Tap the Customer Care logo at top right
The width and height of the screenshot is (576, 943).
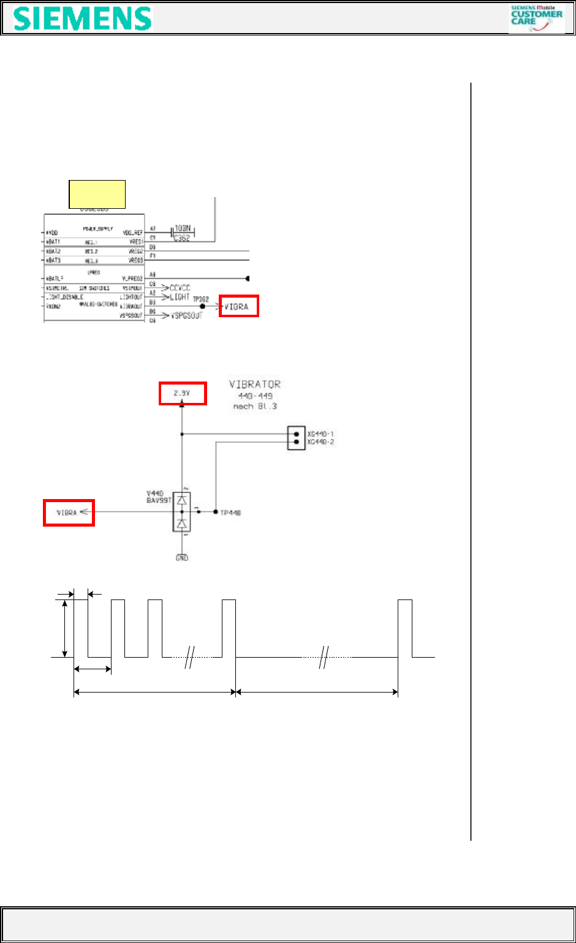pos(536,18)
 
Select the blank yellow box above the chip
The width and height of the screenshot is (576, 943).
pos(97,194)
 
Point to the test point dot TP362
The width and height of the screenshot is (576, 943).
pos(202,306)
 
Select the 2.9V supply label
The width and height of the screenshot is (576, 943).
pos(183,394)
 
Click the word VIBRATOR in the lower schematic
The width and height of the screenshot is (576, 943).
pos(255,385)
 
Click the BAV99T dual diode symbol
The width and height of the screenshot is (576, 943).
pos(182,512)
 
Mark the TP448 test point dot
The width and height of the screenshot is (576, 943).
pos(216,512)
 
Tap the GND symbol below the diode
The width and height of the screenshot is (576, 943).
pos(182,557)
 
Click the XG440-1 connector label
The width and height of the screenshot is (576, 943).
pos(320,434)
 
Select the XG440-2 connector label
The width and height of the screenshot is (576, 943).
pos(320,442)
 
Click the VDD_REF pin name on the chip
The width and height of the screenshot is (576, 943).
pos(132,233)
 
